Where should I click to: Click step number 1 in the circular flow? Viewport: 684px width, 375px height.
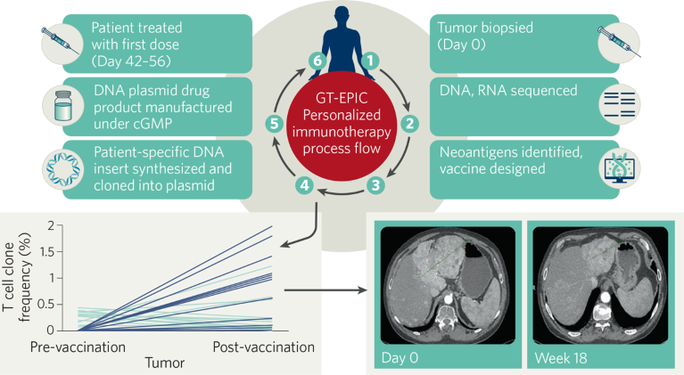tap(373, 61)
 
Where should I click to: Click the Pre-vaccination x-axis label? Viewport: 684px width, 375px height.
tap(78, 346)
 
